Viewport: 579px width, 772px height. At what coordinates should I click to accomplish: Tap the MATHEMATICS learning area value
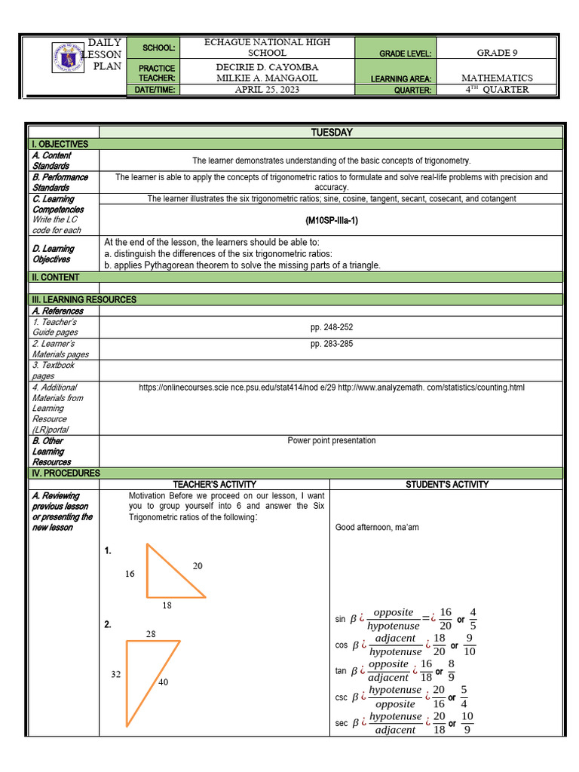[497, 78]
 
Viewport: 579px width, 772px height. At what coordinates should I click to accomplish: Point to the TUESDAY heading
[331, 133]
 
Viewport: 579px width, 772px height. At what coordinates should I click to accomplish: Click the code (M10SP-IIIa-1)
[331, 221]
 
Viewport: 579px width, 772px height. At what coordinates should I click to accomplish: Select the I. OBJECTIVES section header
[60, 144]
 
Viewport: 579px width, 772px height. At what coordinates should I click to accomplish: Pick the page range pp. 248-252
[331, 327]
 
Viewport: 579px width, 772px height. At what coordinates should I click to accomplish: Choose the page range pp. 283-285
[331, 344]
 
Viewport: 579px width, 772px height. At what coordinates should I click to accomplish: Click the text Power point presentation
[331, 440]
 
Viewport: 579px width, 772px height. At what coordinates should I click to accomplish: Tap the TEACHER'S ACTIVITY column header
[214, 484]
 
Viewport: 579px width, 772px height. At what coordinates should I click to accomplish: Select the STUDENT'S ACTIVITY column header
[447, 484]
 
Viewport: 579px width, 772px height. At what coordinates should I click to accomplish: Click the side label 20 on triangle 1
[198, 565]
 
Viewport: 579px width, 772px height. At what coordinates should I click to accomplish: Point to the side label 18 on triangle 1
[167, 605]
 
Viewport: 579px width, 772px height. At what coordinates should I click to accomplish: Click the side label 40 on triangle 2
[164, 682]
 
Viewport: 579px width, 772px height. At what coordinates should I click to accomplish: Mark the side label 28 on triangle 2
[151, 634]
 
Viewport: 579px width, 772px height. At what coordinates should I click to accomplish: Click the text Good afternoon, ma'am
[376, 527]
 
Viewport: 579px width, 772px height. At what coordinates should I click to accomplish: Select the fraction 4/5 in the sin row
[473, 618]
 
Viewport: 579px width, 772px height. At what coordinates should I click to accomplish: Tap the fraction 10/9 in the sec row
[467, 722]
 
